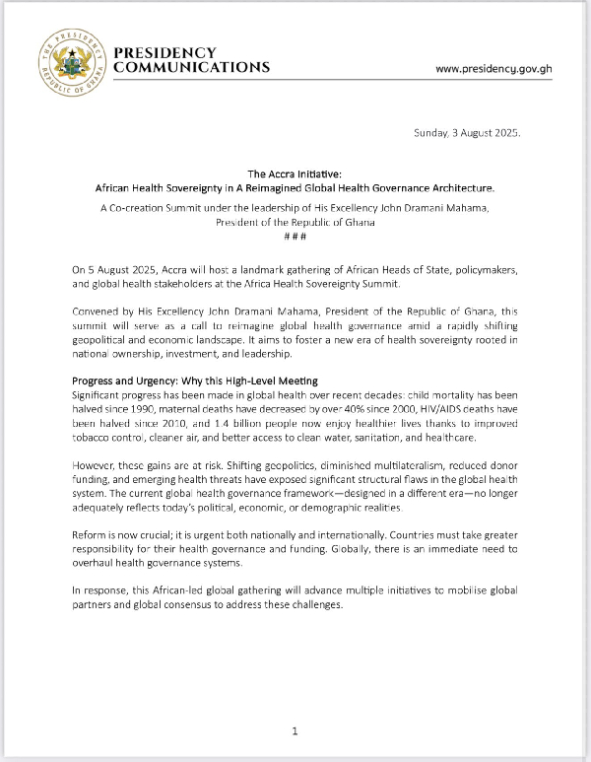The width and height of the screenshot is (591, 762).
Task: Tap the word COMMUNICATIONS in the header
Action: pos(192,68)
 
